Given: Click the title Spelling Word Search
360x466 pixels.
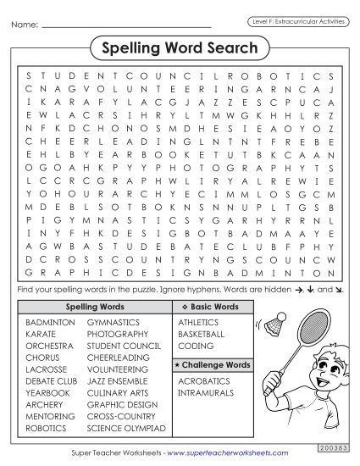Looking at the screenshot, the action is (x=180, y=49).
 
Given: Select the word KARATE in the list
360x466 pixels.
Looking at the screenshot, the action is (x=42, y=335).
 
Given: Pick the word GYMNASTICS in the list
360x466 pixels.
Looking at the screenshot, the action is (x=114, y=323).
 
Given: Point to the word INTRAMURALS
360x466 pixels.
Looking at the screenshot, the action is (x=206, y=393).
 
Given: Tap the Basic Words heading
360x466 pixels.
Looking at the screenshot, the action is (x=211, y=306).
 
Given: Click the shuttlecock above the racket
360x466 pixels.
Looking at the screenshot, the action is (x=273, y=324).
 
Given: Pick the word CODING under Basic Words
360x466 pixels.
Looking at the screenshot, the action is (x=196, y=347).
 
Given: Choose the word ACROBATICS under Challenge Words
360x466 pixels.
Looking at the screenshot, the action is (x=204, y=381).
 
